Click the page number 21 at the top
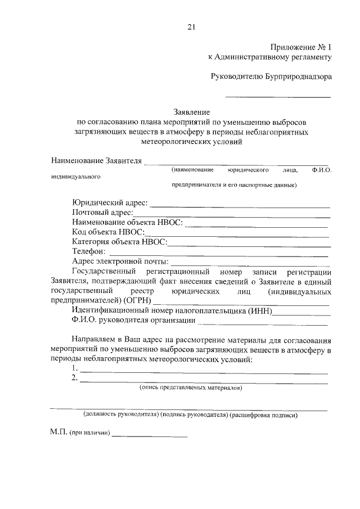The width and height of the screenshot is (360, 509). click(x=191, y=26)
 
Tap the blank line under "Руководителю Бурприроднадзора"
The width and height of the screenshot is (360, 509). click(x=277, y=97)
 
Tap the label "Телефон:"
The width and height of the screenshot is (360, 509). click(x=89, y=251)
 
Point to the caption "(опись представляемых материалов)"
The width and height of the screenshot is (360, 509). click(x=191, y=388)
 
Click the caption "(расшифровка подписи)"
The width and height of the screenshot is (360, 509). click(x=264, y=416)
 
